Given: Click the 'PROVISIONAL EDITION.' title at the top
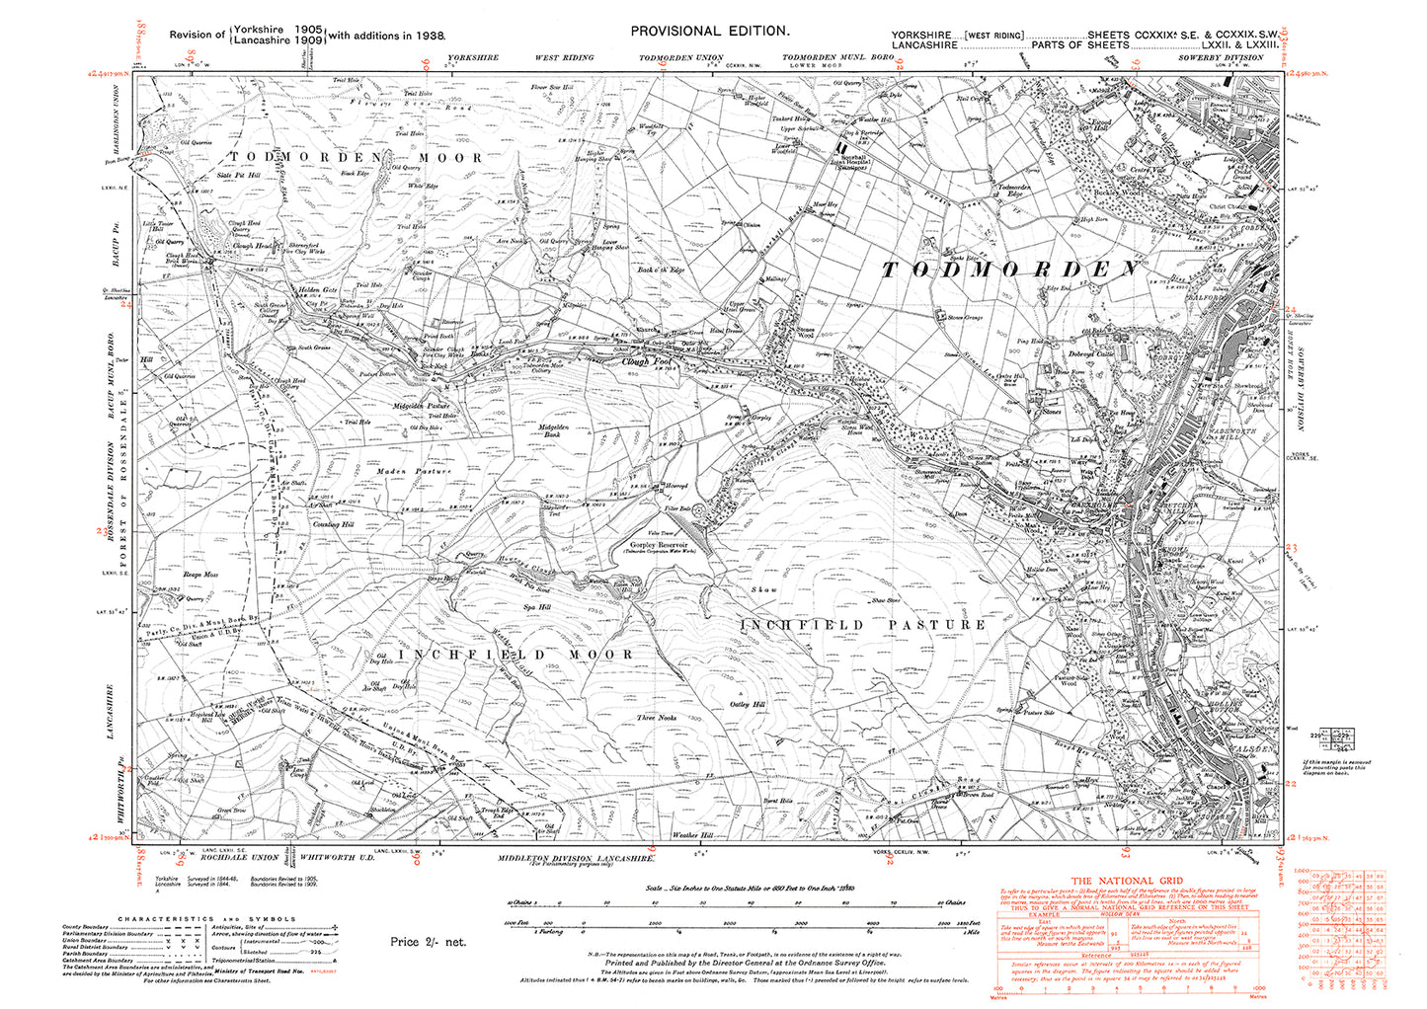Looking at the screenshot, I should [x=710, y=32].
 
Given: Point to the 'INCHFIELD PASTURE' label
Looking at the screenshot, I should [x=863, y=625].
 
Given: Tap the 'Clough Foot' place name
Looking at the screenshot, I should [x=648, y=361].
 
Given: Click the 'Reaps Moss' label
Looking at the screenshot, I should [x=199, y=574].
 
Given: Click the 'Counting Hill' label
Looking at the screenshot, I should [x=334, y=524].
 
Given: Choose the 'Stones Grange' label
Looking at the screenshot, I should [x=966, y=318].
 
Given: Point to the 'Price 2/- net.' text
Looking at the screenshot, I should [x=428, y=942].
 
